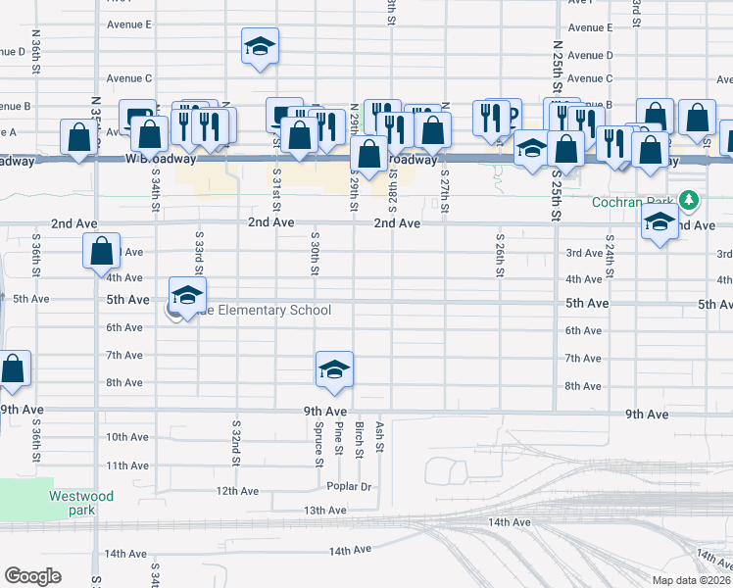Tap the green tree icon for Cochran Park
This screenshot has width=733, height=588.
pyautogui.click(x=690, y=201)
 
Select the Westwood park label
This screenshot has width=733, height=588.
pyautogui.click(x=81, y=503)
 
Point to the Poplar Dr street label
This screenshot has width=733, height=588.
pyautogui.click(x=352, y=487)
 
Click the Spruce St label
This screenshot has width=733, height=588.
pyautogui.click(x=319, y=439)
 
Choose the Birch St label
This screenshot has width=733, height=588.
pyautogui.click(x=359, y=439)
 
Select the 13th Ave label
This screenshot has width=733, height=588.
pyautogui.click(x=325, y=511)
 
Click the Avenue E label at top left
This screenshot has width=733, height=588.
pyautogui.click(x=129, y=24)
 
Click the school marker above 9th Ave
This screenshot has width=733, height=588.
pyautogui.click(x=334, y=369)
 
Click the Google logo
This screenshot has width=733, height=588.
pyautogui.click(x=32, y=576)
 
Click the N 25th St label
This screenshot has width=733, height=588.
pyautogui.click(x=556, y=62)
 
